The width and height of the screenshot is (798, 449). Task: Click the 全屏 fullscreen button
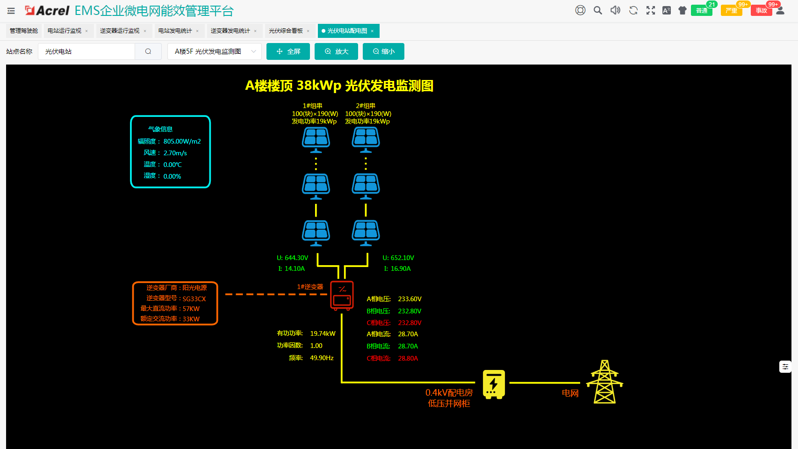pos(288,51)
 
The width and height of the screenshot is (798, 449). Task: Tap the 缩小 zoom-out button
pos(383,51)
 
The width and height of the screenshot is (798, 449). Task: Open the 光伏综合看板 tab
pos(286,31)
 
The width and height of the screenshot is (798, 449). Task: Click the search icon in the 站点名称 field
pos(148,51)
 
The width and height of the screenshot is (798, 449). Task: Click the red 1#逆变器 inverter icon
pos(342,295)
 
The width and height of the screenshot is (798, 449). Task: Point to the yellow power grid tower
pos(604,382)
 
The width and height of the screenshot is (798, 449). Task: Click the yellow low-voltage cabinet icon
pos(494,384)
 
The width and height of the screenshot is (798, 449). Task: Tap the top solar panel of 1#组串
pos(316,139)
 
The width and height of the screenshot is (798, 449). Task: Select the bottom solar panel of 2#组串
pos(366,232)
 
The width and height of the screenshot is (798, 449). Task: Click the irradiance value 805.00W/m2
pos(182,141)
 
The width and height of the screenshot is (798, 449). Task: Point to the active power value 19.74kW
pos(323,333)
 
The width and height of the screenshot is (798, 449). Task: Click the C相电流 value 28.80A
pos(408,358)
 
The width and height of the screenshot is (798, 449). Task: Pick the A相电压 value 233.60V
pos(410,299)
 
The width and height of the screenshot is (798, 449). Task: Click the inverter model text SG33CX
pos(194,299)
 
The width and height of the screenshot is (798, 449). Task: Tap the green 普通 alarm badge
pos(701,10)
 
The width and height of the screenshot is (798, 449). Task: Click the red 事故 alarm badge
pos(761,10)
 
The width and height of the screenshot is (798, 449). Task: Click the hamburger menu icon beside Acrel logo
pos(11,11)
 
